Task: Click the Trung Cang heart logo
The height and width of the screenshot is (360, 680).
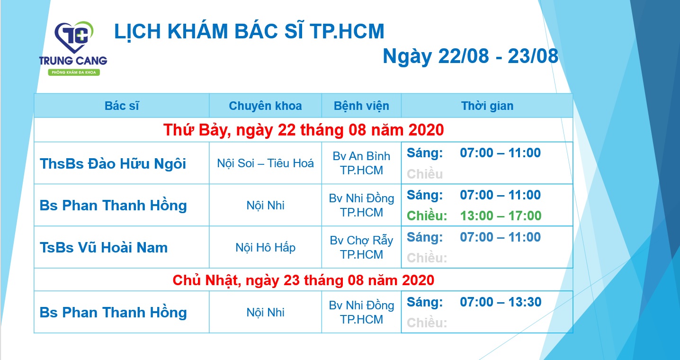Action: (x=73, y=38)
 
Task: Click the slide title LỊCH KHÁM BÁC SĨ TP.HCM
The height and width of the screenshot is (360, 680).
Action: (x=249, y=31)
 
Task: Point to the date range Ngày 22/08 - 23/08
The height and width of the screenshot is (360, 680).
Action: (x=470, y=56)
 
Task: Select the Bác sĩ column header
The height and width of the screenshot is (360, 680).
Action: (x=122, y=106)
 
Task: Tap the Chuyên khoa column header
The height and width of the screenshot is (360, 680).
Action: (x=265, y=106)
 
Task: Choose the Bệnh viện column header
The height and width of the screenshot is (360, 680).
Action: (x=361, y=106)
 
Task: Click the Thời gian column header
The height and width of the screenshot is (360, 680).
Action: (x=487, y=106)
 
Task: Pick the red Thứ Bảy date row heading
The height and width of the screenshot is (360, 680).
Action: (x=303, y=129)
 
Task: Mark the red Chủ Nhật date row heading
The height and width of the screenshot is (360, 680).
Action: (x=303, y=280)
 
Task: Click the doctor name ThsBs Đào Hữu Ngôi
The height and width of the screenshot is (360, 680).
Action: (x=113, y=164)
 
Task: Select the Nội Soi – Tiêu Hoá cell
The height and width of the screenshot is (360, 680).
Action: (x=265, y=163)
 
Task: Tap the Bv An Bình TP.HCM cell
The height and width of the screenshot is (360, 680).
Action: (x=361, y=163)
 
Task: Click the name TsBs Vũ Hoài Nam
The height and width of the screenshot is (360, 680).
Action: (x=103, y=247)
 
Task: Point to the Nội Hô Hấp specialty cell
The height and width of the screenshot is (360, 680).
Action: (x=265, y=247)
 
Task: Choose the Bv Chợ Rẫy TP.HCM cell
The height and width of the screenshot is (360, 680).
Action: (x=361, y=247)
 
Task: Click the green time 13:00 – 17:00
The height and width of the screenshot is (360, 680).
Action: (x=501, y=216)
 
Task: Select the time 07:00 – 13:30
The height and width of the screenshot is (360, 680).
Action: (x=501, y=302)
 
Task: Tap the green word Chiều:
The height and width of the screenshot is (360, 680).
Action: (x=427, y=216)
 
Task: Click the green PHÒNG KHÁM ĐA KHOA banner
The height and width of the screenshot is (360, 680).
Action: (x=73, y=72)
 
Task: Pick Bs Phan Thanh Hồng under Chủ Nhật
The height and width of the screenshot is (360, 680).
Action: (x=113, y=313)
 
